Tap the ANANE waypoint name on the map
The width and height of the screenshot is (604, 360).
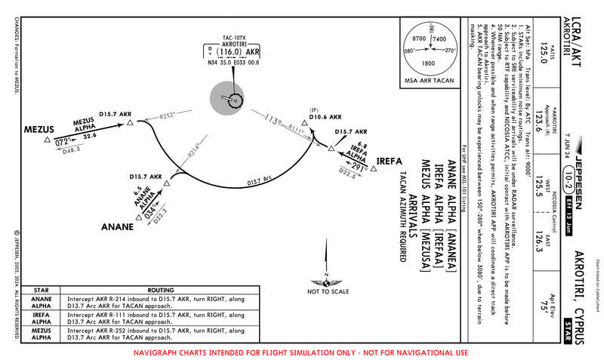click(119, 226)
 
